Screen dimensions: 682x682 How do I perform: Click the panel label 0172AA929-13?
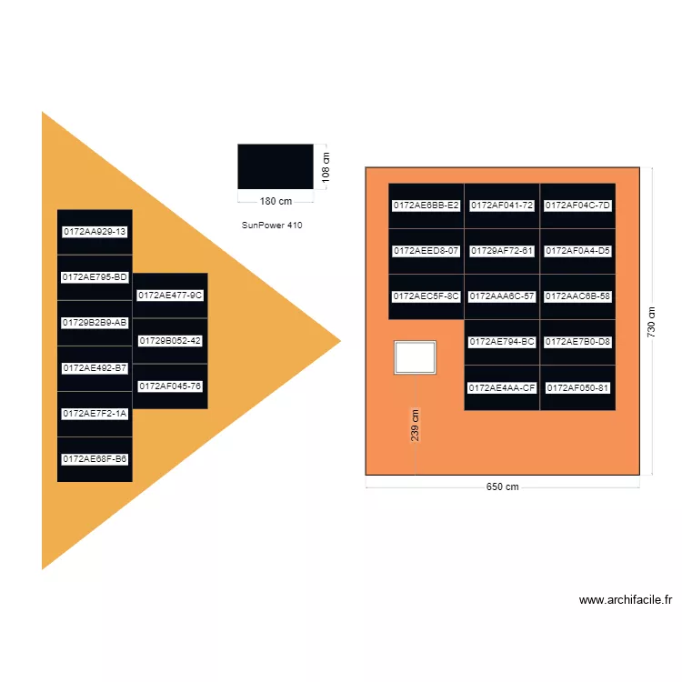(95, 232)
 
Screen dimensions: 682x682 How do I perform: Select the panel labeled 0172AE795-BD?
(95, 277)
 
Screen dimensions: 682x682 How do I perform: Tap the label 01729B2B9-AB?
(95, 323)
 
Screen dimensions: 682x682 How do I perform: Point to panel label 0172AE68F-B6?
(95, 459)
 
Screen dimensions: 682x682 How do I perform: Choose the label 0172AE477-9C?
(170, 296)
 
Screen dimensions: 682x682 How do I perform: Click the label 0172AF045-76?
(170, 386)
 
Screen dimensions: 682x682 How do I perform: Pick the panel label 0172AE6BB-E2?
(426, 206)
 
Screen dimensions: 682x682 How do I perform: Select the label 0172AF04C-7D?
(577, 206)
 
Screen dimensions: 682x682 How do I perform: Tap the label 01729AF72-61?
(502, 250)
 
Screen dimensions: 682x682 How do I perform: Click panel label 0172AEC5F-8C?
(426, 296)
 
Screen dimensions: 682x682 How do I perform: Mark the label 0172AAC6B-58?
(577, 296)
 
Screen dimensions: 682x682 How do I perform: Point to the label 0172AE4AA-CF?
(502, 388)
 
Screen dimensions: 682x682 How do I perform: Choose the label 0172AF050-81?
(577, 388)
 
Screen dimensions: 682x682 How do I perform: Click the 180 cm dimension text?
(276, 201)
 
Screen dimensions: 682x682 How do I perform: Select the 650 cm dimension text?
(502, 486)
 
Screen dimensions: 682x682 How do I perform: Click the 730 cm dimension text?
(651, 321)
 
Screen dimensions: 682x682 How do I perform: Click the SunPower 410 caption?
(272, 225)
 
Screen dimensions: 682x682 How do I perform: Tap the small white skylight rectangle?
(415, 356)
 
